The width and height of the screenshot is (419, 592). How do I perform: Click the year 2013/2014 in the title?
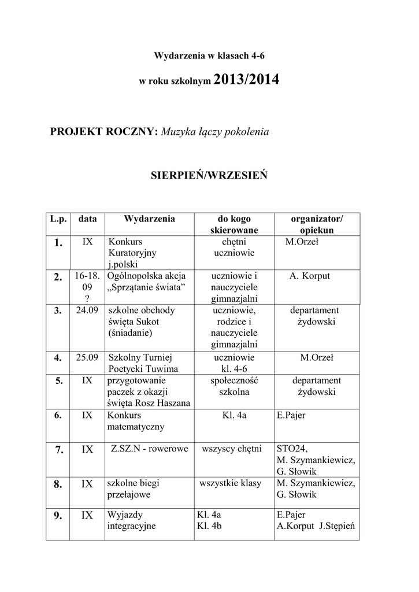(x=246, y=80)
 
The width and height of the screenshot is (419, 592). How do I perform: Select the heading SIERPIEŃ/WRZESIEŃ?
(x=209, y=175)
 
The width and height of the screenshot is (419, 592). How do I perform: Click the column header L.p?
(x=58, y=219)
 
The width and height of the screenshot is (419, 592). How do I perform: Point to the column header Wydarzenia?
(x=149, y=219)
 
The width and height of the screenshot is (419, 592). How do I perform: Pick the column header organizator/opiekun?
(x=317, y=224)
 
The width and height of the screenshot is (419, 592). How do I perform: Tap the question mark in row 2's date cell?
(x=87, y=298)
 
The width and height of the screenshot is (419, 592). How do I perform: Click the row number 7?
(x=58, y=449)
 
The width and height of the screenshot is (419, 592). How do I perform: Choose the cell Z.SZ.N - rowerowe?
(x=149, y=449)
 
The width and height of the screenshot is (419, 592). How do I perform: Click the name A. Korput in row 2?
(x=310, y=276)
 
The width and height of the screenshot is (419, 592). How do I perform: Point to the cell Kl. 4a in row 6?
(x=234, y=415)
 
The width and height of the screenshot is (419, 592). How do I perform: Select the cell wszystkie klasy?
(x=230, y=483)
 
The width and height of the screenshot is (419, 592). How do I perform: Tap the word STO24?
(x=293, y=449)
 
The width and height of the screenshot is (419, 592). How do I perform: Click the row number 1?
(x=58, y=244)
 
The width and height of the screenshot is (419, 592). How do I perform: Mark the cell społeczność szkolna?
(x=234, y=386)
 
